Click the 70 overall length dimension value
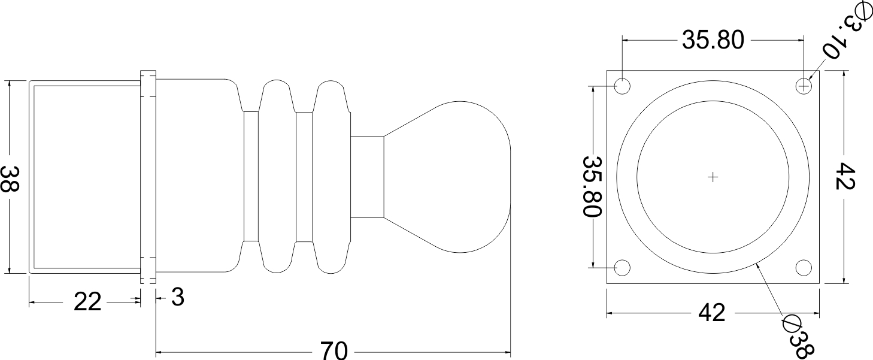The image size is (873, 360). click(x=334, y=350)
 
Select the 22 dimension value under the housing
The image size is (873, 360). click(x=87, y=302)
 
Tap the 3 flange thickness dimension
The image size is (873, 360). click(x=177, y=297)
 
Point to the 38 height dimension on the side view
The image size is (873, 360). click(x=10, y=178)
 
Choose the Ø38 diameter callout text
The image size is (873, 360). click(x=799, y=337)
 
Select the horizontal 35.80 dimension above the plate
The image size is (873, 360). click(x=713, y=40)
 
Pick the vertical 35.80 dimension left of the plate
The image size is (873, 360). click(x=592, y=186)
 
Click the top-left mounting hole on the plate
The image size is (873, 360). click(x=623, y=87)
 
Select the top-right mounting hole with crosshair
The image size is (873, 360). click(x=804, y=87)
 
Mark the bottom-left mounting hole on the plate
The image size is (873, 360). click(x=623, y=268)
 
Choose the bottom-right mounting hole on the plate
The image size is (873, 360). click(x=804, y=268)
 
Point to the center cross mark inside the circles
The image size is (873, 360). click(x=713, y=177)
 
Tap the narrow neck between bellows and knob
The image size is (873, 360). click(x=366, y=177)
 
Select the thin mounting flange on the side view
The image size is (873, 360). click(x=148, y=177)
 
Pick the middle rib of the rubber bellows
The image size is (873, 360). click(x=278, y=177)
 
